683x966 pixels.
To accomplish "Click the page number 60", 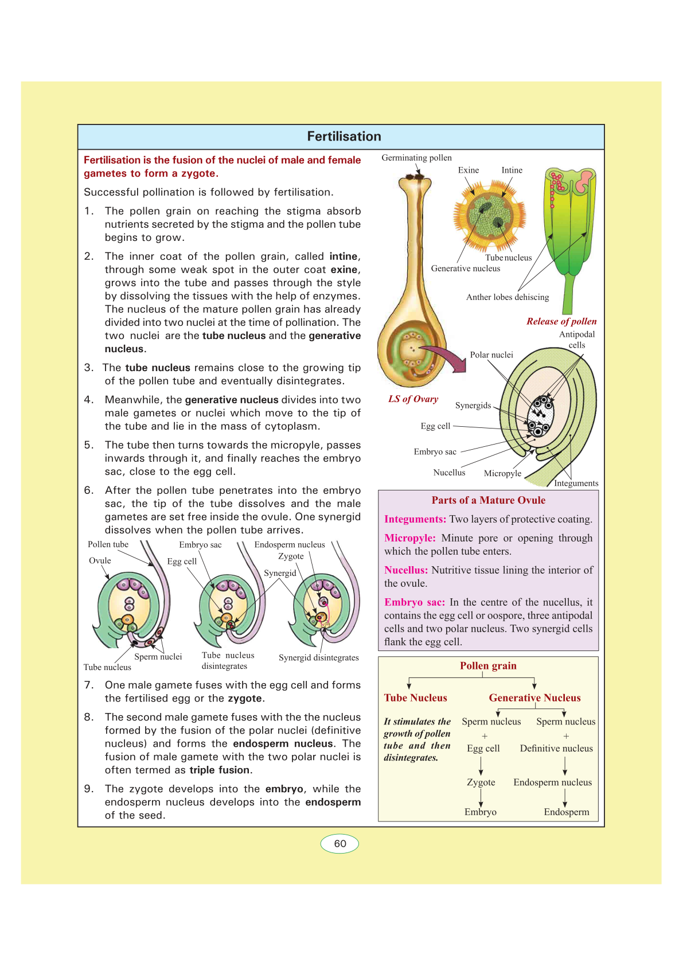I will coord(340,844).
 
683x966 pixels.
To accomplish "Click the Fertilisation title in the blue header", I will coord(344,137).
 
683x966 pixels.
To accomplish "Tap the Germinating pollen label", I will coord(416,158).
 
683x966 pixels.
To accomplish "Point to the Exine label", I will coord(468,170).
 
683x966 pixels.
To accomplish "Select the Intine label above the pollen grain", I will coord(512,170).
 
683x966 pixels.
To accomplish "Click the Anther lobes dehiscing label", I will coord(508,297).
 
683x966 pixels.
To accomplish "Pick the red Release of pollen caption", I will coord(561,321).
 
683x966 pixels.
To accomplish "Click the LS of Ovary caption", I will coord(413,399).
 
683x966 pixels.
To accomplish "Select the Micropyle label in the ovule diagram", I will coord(502,473).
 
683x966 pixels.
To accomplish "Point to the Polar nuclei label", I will coord(491,355).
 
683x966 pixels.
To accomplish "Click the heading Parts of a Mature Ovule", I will coord(488,500).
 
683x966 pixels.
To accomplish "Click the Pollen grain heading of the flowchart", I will coord(488,666).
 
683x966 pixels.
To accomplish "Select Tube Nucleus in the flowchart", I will coord(415,698).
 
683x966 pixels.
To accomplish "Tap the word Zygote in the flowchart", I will coord(481,782).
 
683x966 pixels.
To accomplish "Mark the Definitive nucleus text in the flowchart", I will coord(556,749).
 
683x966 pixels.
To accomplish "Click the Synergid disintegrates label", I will coord(318,658).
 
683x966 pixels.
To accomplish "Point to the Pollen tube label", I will coord(108,544).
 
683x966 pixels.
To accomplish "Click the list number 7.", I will coord(89,685).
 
